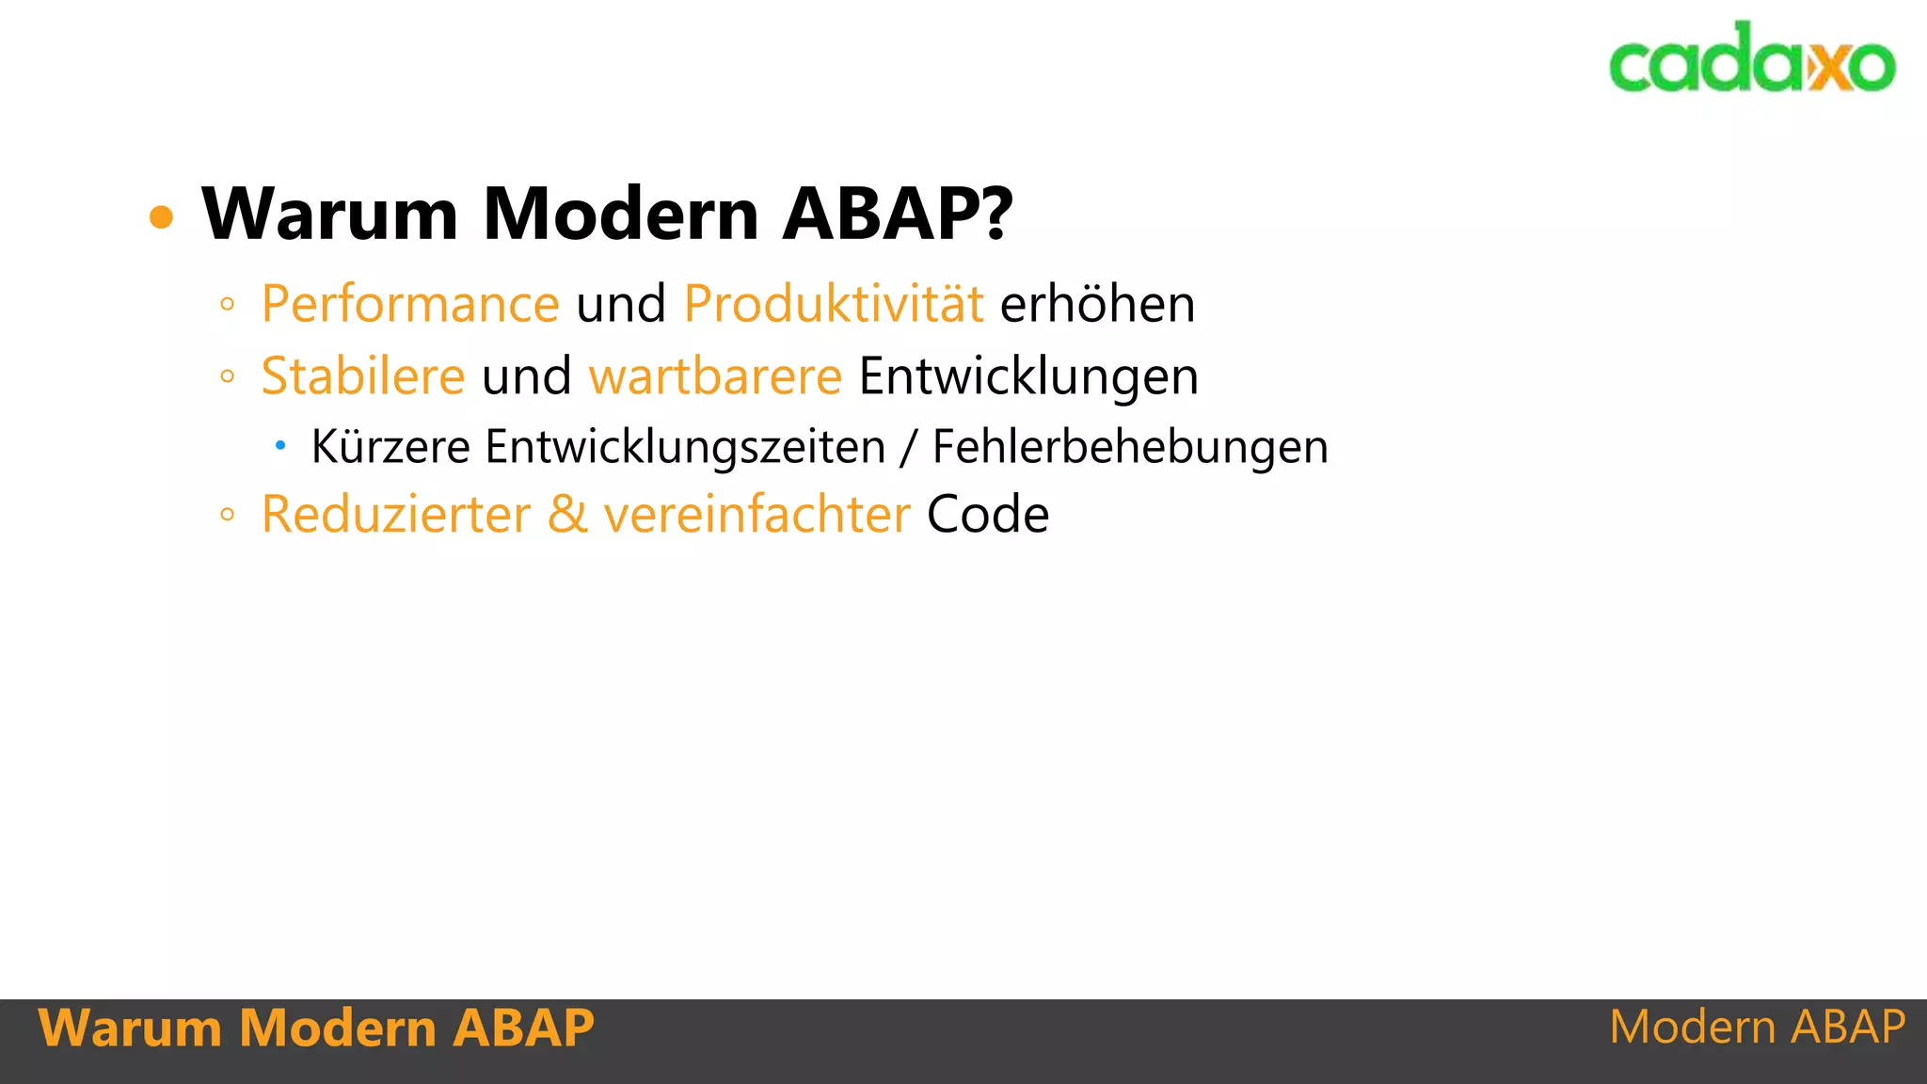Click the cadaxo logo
pyautogui.click(x=1752, y=59)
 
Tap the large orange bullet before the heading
pyautogui.click(x=162, y=217)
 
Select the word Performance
pyautogui.click(x=410, y=305)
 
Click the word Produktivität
pyautogui.click(x=834, y=304)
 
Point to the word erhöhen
pyautogui.click(x=1097, y=304)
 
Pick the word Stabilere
pyautogui.click(x=362, y=376)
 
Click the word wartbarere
pyautogui.click(x=715, y=376)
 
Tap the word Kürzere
pyautogui.click(x=390, y=446)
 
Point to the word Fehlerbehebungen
pyautogui.click(x=1130, y=446)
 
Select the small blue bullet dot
pyautogui.click(x=279, y=445)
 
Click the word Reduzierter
pyautogui.click(x=396, y=515)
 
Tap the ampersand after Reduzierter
pyautogui.click(x=567, y=515)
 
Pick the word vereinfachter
pyautogui.click(x=756, y=515)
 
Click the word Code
pyautogui.click(x=988, y=515)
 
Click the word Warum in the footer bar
pyautogui.click(x=130, y=1028)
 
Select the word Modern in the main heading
pyautogui.click(x=620, y=214)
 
